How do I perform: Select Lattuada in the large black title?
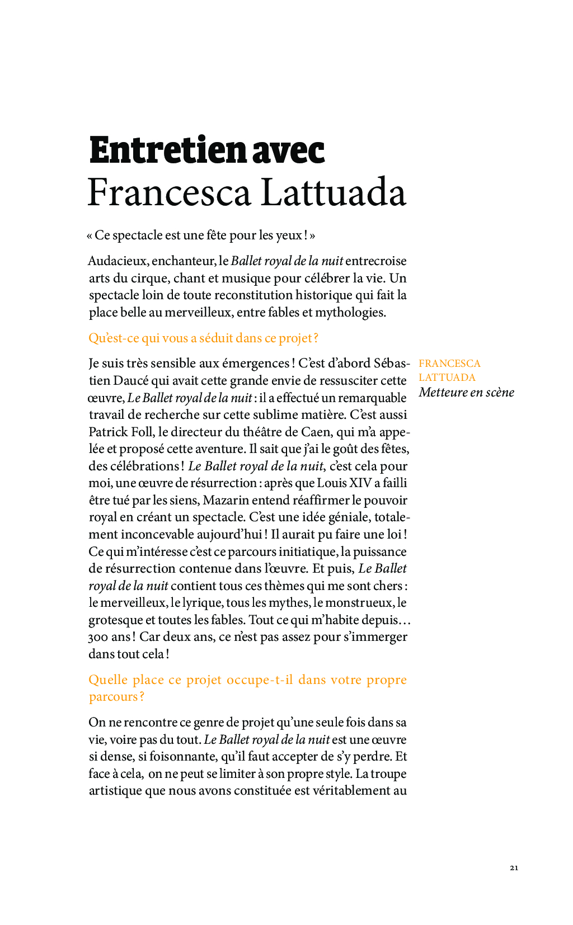334,192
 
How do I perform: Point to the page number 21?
514,868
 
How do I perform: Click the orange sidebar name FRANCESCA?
449,364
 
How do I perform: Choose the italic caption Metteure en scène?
466,393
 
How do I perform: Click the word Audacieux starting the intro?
117,261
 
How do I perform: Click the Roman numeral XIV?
360,483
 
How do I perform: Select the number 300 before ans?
98,637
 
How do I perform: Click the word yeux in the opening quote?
289,235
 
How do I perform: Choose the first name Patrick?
109,432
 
